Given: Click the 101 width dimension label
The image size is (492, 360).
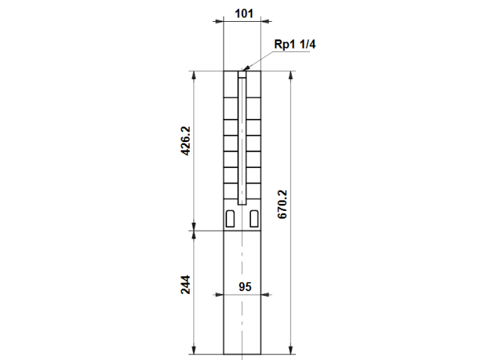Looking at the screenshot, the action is pyautogui.click(x=244, y=13).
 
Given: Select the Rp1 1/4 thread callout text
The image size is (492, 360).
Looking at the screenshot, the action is pyautogui.click(x=294, y=44).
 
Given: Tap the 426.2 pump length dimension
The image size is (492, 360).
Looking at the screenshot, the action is pyautogui.click(x=186, y=141).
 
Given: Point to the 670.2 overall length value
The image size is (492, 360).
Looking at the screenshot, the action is pyautogui.click(x=282, y=205).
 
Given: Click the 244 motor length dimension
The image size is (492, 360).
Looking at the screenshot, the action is pyautogui.click(x=186, y=285).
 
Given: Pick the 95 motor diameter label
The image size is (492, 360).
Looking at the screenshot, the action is pyautogui.click(x=245, y=287).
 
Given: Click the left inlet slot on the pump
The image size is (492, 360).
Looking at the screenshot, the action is pyautogui.click(x=230, y=219).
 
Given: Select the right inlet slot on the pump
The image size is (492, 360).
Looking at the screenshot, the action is pyautogui.click(x=254, y=219).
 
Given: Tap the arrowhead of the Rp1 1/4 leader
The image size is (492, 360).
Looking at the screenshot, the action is pyautogui.click(x=246, y=67).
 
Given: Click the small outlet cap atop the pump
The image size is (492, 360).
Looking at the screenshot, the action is pyautogui.click(x=242, y=75).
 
